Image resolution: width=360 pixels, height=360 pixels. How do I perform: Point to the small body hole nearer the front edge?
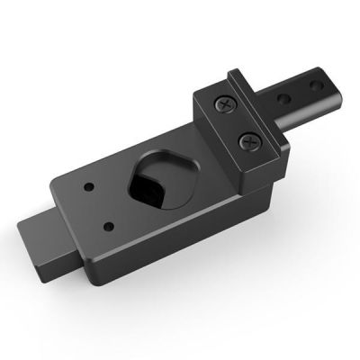pyautogui.click(x=109, y=225)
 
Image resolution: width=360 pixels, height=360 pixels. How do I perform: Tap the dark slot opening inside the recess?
pyautogui.click(x=147, y=186)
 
